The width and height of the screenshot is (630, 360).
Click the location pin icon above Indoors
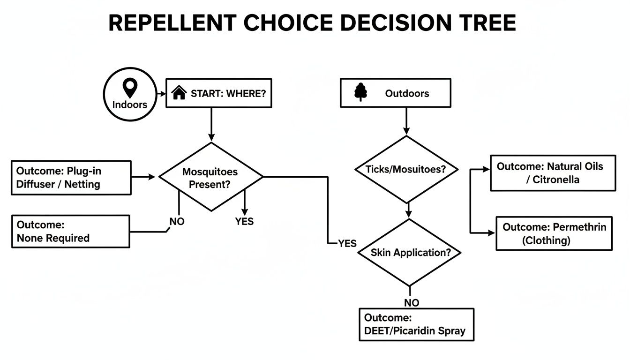tap(129, 88)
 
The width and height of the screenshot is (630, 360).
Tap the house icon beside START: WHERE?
tap(179, 93)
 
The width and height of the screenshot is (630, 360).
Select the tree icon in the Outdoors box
tap(360, 93)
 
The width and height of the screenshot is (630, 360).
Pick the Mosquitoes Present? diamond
tap(211, 177)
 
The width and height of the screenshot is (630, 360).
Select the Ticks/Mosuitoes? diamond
tap(406, 170)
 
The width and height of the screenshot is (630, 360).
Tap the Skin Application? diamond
tap(410, 252)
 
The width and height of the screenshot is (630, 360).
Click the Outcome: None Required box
tap(70, 231)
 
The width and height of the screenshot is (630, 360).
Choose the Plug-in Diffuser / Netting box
tap(70, 177)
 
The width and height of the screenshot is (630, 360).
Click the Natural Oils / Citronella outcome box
tap(553, 173)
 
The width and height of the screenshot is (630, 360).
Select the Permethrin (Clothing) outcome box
tap(554, 233)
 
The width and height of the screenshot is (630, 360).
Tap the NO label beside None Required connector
tap(177, 221)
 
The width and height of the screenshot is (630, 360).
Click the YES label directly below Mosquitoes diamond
tap(244, 221)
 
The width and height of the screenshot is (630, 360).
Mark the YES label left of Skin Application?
tap(347, 243)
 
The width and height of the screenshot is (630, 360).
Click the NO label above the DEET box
tap(411, 303)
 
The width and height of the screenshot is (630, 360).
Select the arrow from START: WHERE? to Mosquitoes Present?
tap(211, 125)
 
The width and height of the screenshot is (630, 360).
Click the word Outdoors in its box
tap(407, 93)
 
